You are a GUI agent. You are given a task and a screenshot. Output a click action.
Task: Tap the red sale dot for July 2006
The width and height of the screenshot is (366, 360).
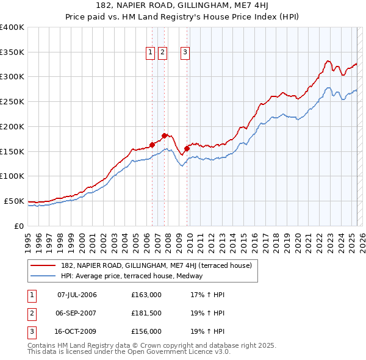point(152,145)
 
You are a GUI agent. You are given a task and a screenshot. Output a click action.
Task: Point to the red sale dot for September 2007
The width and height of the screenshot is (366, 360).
point(164,135)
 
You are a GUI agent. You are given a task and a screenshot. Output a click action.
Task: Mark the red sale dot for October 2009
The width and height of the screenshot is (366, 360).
point(187,148)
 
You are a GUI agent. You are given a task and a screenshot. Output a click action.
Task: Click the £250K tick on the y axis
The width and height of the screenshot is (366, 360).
point(12,101)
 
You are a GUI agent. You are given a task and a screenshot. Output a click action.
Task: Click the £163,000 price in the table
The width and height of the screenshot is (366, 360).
point(146,295)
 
